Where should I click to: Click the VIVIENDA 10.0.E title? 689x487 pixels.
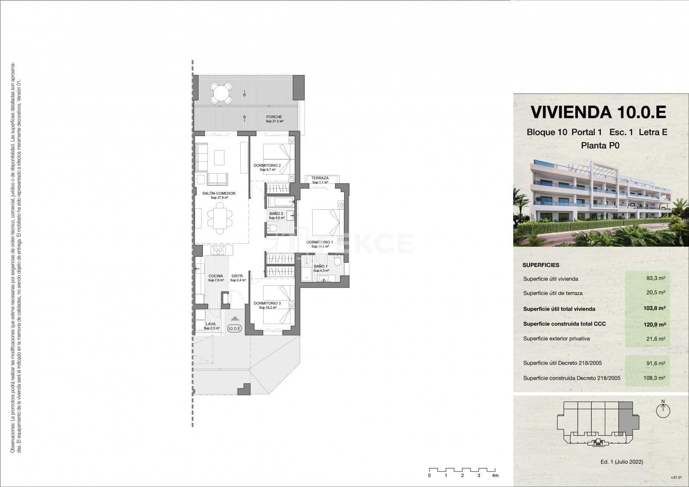coord(598,112)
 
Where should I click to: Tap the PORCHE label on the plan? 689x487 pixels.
coord(274,117)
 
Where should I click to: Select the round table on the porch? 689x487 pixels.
coord(220,93)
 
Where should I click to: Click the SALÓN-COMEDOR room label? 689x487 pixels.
coord(219,194)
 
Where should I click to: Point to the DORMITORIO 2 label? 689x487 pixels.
coord(267,165)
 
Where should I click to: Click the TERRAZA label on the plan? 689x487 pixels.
coord(320,178)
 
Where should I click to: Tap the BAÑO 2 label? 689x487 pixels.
coord(276,214)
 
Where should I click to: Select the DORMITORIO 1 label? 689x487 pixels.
coord(320,242)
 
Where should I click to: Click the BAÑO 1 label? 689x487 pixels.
coord(320,267)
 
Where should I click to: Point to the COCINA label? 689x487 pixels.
coord(215,276)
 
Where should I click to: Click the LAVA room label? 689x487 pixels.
coord(211,324)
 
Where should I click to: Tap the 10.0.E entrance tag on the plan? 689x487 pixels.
coord(235,329)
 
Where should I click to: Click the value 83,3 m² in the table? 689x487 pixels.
coord(655,279)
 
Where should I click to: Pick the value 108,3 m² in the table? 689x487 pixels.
coord(655,378)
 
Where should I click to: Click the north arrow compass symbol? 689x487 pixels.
coord(663,410)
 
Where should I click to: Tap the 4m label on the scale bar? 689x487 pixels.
coord(495,475)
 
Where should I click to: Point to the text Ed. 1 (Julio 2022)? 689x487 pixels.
coord(621,462)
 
